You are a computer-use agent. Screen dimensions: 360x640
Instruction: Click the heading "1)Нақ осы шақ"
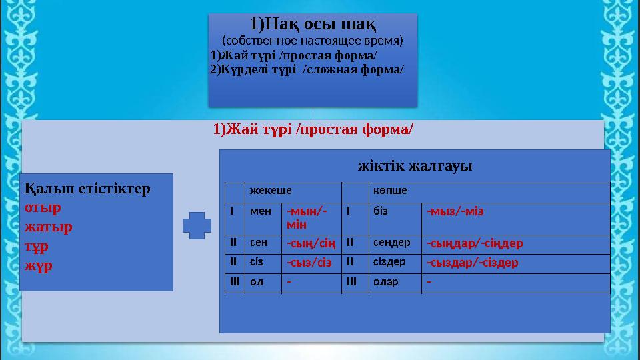point(313,25)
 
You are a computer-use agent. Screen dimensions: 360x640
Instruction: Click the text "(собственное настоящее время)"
point(313,41)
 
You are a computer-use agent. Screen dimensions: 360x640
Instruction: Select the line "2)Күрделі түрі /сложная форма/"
point(306,69)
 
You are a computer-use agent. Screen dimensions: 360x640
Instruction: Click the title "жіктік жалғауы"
point(415,165)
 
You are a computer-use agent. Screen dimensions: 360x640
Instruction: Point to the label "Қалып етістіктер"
point(88,188)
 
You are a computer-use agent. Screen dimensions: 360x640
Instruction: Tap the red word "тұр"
point(37,246)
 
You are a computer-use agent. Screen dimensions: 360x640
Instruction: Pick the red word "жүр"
point(37,265)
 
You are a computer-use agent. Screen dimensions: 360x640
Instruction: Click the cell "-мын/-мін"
point(307,217)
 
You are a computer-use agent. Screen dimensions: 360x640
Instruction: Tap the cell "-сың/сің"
point(311,243)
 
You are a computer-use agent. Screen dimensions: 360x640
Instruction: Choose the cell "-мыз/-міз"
point(455,211)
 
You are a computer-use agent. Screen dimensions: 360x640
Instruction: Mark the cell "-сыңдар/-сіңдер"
point(475,243)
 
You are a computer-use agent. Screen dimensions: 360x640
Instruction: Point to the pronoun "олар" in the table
point(386,281)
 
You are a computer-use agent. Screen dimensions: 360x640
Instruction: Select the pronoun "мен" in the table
point(258,211)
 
